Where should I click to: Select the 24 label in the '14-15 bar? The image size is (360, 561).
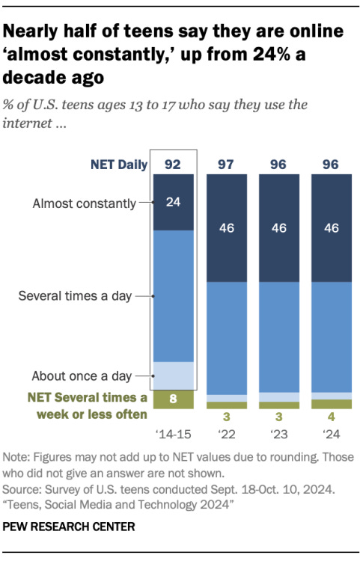(174, 202)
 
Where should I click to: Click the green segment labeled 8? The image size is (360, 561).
(174, 400)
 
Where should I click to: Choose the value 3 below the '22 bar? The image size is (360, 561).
(226, 417)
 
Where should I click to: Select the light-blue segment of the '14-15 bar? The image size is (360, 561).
(174, 375)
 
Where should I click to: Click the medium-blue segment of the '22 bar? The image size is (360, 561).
(226, 337)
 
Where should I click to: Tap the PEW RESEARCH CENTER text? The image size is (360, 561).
(70, 527)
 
